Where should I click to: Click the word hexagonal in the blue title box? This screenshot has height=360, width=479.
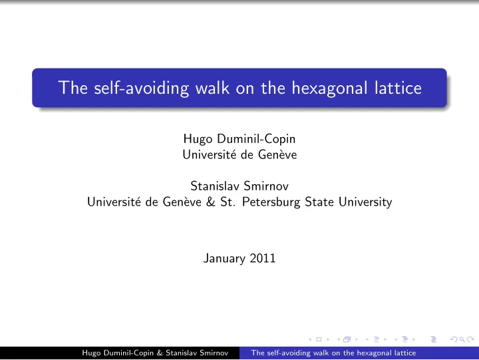pos(329,89)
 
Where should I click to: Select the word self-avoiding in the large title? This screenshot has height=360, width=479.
pos(142,89)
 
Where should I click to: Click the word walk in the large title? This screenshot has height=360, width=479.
pos(212,88)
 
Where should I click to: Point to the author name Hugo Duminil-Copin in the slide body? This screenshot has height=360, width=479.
pos(239,139)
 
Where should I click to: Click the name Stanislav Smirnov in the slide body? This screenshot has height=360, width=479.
pos(239,186)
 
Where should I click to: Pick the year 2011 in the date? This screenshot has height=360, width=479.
pos(263,258)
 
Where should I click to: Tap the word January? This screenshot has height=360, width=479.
pos(224,259)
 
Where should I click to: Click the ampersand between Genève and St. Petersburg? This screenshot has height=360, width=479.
pos(211,202)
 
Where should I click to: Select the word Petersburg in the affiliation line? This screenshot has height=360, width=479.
pos(271,202)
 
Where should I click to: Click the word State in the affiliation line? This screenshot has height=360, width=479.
pos(319,202)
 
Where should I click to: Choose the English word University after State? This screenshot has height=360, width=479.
pos(365,202)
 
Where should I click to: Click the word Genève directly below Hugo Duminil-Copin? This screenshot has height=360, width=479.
pos(277,154)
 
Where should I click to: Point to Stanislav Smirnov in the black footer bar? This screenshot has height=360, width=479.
pos(197,353)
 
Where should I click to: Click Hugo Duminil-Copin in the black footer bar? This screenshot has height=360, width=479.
pos(118,353)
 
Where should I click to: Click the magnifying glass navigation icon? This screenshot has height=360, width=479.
pos(462,339)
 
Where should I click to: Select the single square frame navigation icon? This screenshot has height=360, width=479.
pos(319,339)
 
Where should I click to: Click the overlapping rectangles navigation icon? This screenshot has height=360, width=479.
pos(347,339)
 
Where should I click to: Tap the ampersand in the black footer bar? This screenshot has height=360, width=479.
pos(160,353)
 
